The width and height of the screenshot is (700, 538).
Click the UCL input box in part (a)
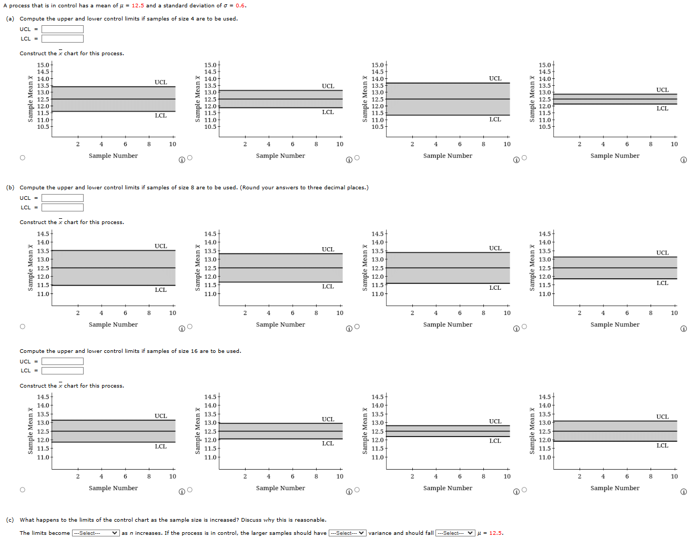pos(62,29)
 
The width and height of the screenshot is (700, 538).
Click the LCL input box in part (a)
pos(62,38)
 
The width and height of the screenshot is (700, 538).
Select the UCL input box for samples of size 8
pos(62,198)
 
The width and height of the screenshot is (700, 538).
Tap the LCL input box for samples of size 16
pos(62,371)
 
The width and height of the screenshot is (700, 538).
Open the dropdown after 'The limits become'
pos(96,533)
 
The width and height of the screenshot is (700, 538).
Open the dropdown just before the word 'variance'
pos(347,533)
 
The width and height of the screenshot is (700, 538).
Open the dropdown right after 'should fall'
pos(455,533)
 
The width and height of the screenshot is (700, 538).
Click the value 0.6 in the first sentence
pos(240,6)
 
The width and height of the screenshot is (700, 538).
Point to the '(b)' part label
pos(10,188)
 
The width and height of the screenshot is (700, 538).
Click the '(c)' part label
pos(10,520)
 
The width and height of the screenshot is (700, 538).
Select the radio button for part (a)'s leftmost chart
pos(22,158)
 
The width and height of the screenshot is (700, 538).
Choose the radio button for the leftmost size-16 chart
pos(22,490)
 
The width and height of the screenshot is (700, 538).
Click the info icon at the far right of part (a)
pos(684,160)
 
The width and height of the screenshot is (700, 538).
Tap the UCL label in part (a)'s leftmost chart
pos(160,82)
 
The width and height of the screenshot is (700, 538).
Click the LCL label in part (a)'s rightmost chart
pos(662,108)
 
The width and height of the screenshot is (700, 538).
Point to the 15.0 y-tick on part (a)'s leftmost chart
pos(43,65)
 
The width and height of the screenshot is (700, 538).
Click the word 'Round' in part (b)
pos(250,188)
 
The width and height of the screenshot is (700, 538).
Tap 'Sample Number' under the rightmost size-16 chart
pos(615,488)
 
